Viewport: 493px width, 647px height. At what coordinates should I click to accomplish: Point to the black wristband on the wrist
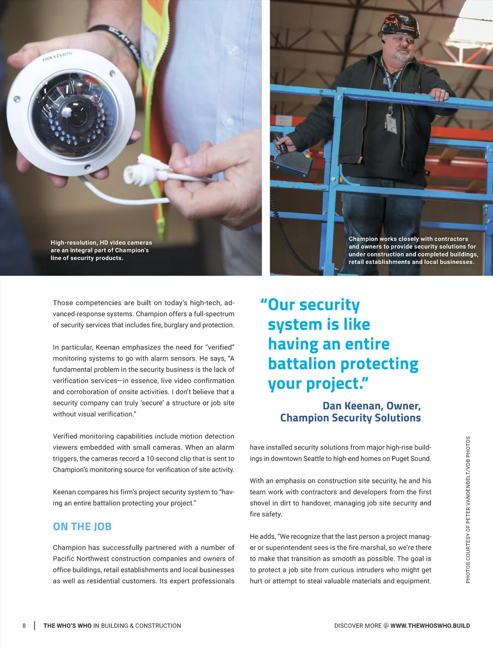[x=116, y=41]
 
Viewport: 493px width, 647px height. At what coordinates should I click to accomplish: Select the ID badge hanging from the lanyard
[x=391, y=123]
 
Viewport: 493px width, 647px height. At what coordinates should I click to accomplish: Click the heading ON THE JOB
[x=82, y=527]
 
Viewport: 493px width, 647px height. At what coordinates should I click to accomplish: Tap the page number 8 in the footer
[x=24, y=626]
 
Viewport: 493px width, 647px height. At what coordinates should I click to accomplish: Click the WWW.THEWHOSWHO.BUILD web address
[x=430, y=626]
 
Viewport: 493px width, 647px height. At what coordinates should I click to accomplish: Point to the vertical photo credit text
[x=468, y=509]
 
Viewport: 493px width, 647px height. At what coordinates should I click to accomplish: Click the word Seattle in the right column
[x=313, y=459]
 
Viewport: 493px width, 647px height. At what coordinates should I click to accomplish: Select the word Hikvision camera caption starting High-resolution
[x=101, y=250]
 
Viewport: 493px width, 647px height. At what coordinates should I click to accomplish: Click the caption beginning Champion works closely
[x=413, y=250]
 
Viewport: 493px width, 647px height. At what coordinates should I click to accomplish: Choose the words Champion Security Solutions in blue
[x=350, y=418]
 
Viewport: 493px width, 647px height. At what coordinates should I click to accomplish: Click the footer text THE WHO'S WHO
[x=67, y=626]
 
